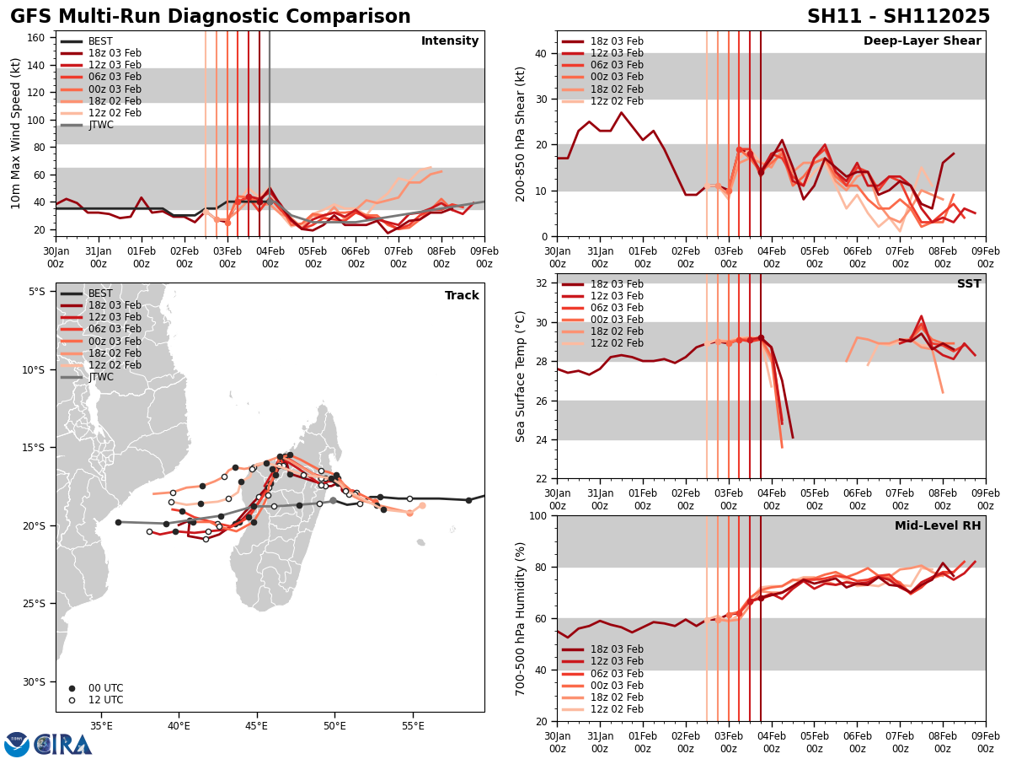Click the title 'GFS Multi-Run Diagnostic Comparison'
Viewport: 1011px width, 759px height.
[211, 17]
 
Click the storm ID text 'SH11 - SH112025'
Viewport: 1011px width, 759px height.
[898, 17]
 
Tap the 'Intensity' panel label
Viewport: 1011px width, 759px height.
[450, 41]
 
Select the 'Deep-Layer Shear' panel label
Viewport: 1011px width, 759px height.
[922, 41]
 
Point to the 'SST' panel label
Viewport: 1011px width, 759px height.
[969, 284]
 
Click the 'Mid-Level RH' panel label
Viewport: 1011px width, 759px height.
[938, 526]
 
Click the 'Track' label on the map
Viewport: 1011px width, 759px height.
[462, 296]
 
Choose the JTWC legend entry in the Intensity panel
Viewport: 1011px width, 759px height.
[100, 125]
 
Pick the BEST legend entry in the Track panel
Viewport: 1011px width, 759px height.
[100, 293]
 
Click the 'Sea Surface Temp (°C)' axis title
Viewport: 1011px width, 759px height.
[521, 376]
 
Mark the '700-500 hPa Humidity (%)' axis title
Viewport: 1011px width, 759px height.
[521, 618]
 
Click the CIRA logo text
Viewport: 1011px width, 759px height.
[63, 744]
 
